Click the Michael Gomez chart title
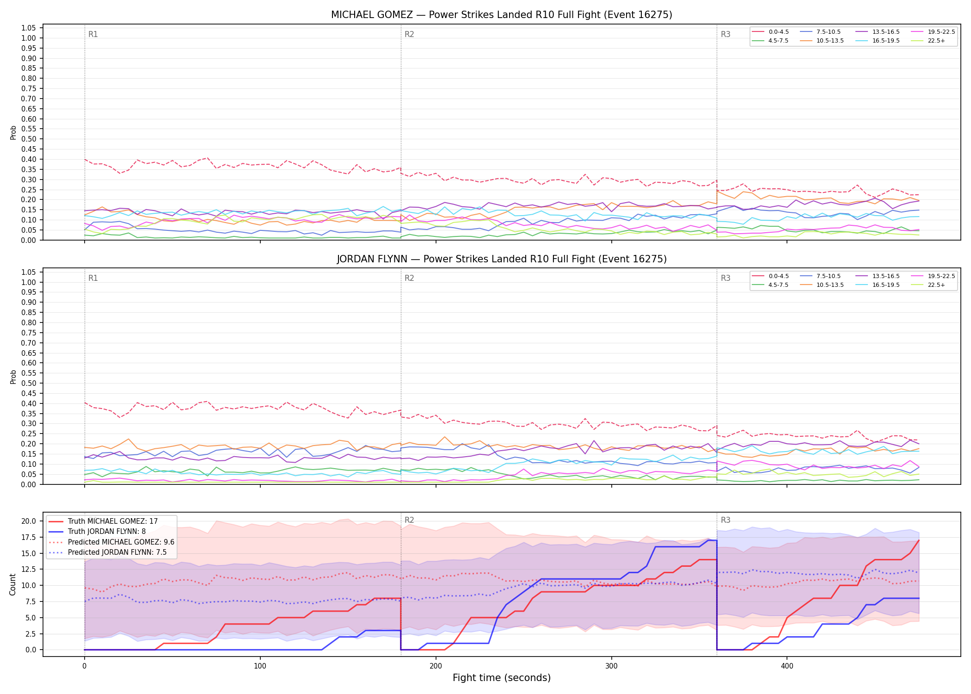pos(502,15)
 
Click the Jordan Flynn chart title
pos(502,259)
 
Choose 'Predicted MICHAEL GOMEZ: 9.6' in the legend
pos(111,542)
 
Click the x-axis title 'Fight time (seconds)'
pos(502,678)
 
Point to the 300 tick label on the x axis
pos(611,667)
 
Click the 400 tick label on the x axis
pos(787,667)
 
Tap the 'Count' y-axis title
pos(12,584)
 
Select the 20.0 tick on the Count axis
pos(29,521)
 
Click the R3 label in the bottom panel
pos(725,520)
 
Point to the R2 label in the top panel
pos(409,34)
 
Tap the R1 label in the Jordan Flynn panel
pos(93,278)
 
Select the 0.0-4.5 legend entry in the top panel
pos(770,32)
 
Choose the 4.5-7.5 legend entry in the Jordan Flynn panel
pos(770,285)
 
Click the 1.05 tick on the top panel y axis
pos(29,28)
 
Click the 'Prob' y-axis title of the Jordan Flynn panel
pos(13,377)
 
